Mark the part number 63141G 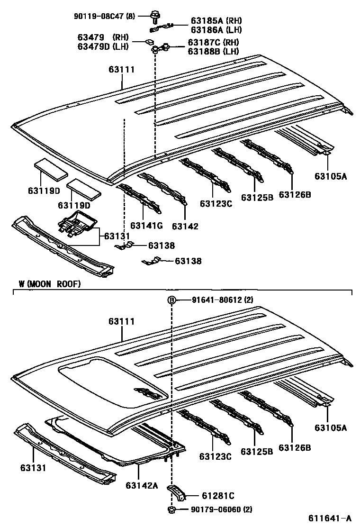(146, 226)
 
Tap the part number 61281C (218, 496)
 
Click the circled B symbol (171, 300)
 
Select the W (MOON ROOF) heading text (50, 284)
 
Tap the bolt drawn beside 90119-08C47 (154, 17)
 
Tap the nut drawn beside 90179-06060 (171, 509)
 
